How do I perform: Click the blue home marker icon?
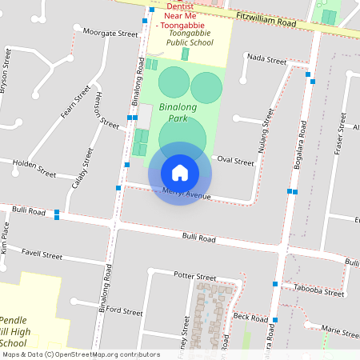180,173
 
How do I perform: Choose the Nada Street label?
267,59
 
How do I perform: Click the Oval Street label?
235,162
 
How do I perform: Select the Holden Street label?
34,168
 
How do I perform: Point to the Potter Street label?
195,276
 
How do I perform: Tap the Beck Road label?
250,317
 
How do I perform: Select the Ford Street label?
123,310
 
